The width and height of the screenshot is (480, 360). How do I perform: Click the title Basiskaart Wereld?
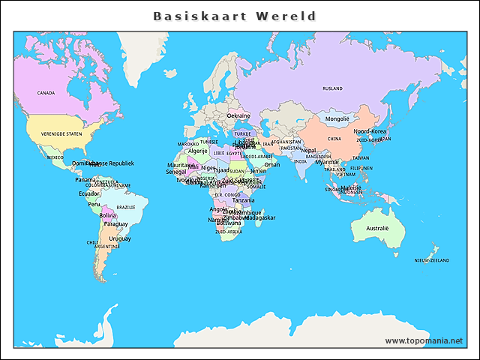(x=235, y=16)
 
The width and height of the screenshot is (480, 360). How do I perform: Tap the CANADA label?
(x=46, y=93)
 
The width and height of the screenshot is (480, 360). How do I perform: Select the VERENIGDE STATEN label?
(x=61, y=133)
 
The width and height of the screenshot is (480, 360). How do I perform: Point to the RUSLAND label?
(x=332, y=88)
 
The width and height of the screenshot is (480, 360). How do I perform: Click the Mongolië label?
(x=337, y=118)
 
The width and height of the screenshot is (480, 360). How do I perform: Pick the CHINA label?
(x=334, y=139)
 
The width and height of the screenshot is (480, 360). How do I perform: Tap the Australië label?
(x=377, y=228)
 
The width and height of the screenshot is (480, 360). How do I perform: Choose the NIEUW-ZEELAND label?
(x=431, y=260)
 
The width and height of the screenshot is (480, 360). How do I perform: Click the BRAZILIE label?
(x=125, y=207)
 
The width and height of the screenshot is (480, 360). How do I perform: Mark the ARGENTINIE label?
(x=107, y=246)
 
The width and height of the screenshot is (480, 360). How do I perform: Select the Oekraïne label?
(x=238, y=115)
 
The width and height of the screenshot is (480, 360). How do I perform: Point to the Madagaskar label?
(x=260, y=217)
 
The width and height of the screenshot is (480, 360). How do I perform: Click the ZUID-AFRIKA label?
(x=228, y=232)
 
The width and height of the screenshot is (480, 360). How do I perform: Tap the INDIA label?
(x=300, y=161)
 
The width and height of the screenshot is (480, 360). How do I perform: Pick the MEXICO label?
(x=55, y=157)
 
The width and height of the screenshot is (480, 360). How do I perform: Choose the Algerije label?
(x=197, y=151)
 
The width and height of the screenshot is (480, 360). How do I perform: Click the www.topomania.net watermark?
(x=424, y=340)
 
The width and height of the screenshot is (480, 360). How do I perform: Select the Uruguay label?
(x=120, y=238)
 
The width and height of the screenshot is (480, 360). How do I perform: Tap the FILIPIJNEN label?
(x=361, y=168)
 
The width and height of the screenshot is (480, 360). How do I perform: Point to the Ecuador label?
(x=89, y=193)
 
